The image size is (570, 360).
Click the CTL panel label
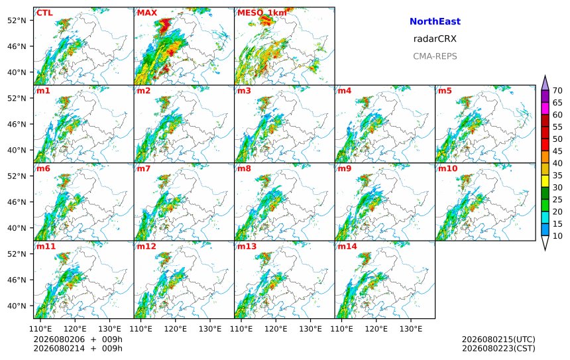pos(44,13)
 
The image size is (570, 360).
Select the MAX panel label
pos(147,13)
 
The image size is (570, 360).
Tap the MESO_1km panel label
pos(262,13)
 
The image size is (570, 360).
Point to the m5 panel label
pos(445,91)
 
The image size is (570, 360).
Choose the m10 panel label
pos(447,168)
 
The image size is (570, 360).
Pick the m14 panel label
pos(347,247)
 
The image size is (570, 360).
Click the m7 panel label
pos(144,168)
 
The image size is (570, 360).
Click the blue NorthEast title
pos(435,21)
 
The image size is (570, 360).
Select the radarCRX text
pos(435,39)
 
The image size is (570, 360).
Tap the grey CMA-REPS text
pos(435,56)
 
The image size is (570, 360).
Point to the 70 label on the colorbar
pos(557,91)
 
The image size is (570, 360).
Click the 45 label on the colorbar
pos(557,151)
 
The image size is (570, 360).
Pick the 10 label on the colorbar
pos(557,236)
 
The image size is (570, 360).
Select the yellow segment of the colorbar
pos(545,181)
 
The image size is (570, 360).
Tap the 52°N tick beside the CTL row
pos(17,21)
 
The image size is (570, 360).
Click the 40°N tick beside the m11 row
pos(17,306)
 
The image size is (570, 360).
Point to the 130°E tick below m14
pos(411,329)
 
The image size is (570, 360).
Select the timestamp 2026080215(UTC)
pos(498,339)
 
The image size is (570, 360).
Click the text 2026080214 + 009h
pos(78,348)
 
